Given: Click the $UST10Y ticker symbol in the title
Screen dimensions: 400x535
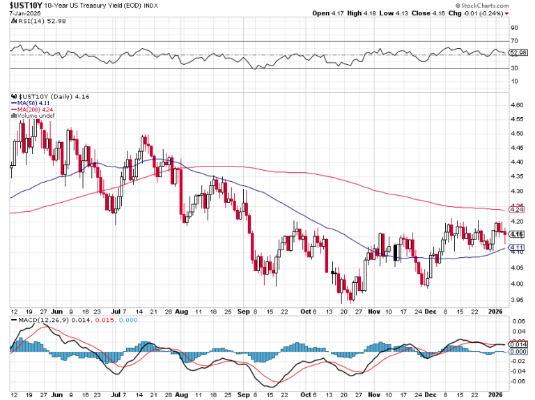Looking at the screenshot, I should (23, 5).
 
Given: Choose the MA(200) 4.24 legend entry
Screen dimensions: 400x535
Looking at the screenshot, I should (31, 110).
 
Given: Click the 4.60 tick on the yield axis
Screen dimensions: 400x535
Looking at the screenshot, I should (518, 105).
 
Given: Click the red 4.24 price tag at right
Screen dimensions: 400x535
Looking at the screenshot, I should (517, 209).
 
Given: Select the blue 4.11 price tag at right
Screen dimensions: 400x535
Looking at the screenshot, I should (517, 247).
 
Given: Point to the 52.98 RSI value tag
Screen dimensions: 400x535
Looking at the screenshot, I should (518, 53).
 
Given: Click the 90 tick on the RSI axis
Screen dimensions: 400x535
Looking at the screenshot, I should (515, 28).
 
